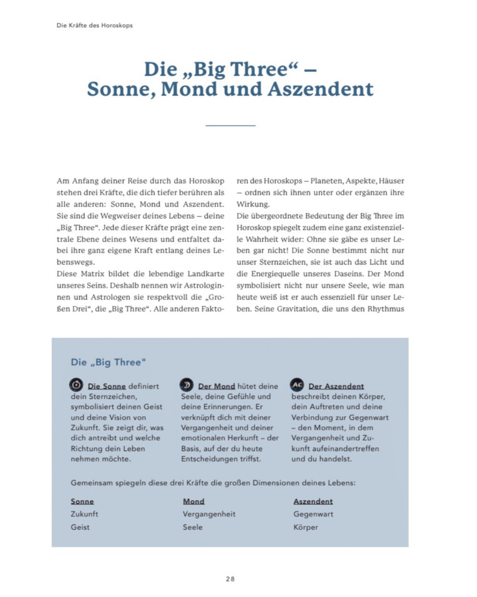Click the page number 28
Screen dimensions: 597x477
(230, 579)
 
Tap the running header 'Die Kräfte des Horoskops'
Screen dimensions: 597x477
(95, 25)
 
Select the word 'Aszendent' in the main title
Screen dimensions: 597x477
(321, 89)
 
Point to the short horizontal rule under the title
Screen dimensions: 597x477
(230, 126)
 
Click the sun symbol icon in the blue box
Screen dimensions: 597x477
(76, 385)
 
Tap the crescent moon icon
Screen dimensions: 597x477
(186, 385)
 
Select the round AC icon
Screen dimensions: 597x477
(297, 385)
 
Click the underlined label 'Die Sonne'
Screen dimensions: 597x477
(107, 386)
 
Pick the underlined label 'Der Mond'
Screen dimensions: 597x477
(216, 386)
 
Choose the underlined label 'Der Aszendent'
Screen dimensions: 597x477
(336, 386)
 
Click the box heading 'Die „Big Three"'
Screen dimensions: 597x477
(108, 362)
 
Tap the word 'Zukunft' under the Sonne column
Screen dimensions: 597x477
(84, 514)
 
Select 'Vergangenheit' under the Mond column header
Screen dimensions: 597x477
(209, 514)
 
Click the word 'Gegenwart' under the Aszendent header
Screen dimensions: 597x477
(313, 514)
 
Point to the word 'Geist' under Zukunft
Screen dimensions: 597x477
(80, 527)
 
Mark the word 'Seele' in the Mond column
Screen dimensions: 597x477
(193, 527)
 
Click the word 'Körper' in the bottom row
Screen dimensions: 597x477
(306, 527)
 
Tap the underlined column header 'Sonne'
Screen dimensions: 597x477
(82, 501)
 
